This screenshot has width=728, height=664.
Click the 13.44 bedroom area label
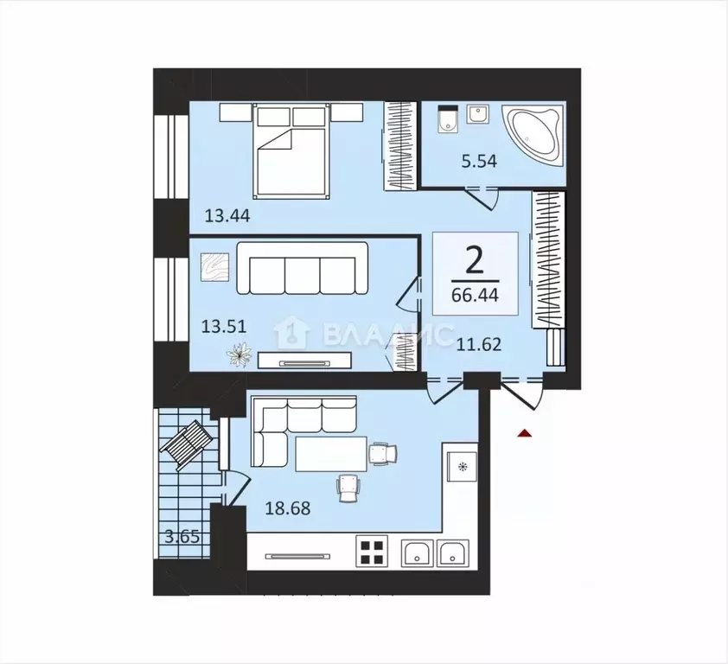tap(227, 215)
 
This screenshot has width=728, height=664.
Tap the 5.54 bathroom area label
tap(480, 161)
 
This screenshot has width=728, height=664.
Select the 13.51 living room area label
tap(223, 327)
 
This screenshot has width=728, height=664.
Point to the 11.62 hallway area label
tap(479, 345)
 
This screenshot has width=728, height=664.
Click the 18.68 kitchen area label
tap(287, 508)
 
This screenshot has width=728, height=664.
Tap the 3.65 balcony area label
tap(182, 537)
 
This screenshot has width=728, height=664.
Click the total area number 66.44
tap(475, 295)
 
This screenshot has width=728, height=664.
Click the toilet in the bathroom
tap(448, 118)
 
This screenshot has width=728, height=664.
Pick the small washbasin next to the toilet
tap(477, 114)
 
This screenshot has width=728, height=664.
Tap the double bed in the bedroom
tap(291, 152)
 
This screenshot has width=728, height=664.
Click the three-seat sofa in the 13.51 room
tap(303, 269)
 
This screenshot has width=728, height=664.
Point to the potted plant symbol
tap(239, 354)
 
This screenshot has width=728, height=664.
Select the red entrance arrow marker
tap(525, 433)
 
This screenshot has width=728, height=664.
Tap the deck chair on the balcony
tap(187, 442)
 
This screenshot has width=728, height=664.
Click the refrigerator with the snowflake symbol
tap(462, 467)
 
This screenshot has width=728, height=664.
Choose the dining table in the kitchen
tap(331, 454)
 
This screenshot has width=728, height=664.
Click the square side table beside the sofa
tap(215, 267)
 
